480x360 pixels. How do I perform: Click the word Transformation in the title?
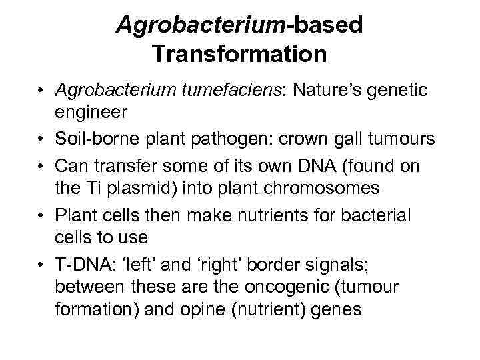(x=239, y=53)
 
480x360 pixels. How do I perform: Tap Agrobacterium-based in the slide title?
(x=239, y=25)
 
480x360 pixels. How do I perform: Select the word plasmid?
(x=139, y=187)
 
